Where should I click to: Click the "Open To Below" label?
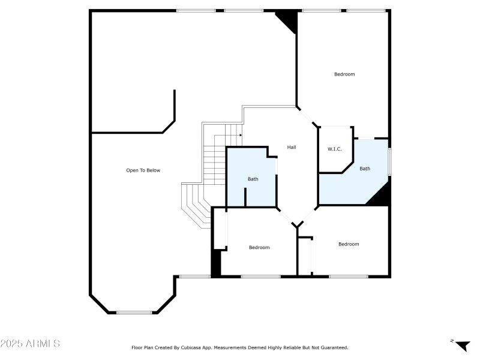coord(143,170)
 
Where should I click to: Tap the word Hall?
coord(292,147)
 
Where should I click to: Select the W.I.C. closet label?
coord(334,149)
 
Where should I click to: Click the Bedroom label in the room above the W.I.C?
coord(344,74)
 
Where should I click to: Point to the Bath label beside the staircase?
coord(253,179)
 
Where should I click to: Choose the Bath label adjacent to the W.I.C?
coord(365,169)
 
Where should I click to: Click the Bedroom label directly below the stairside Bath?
coord(259,247)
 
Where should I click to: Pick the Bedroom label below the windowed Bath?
coord(349,244)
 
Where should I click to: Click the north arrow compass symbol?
coord(462,345)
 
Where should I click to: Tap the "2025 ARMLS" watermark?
coord(30,344)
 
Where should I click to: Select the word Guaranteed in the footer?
coord(333,347)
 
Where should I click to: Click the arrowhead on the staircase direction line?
coord(239,135)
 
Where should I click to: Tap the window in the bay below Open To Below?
coord(134,312)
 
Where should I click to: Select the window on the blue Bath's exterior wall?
coord(389,162)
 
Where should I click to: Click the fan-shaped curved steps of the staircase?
coord(195,204)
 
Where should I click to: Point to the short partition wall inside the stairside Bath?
coord(245,197)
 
